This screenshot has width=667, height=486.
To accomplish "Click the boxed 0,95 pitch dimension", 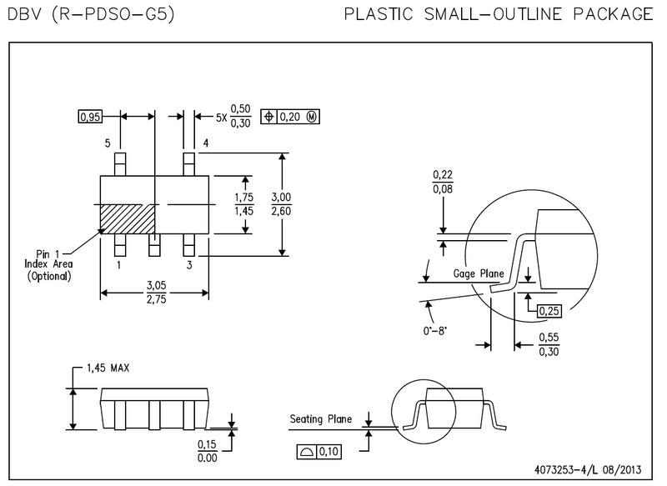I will coord(89,118).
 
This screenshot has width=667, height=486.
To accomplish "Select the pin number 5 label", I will coord(108,144).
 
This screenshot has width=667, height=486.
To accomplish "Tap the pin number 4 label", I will coord(205,144).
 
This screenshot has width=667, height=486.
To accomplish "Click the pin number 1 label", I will coord(119,265).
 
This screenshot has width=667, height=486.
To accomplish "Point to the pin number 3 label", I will coord(189,265).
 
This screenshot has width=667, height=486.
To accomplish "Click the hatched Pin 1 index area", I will coord(127,219).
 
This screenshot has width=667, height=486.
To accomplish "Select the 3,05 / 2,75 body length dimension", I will coord(156,291).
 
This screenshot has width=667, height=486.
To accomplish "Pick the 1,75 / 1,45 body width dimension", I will coord(244,205).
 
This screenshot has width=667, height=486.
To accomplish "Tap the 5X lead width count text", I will coord(221,118).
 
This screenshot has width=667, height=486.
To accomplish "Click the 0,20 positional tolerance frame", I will coord(290,118).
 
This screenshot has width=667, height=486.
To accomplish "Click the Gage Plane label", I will coord(478,273).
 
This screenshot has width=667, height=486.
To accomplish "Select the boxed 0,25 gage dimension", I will coord(549,311).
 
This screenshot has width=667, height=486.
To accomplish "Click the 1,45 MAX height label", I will coord(108,368).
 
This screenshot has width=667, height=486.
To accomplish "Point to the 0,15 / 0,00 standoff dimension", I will coord(207,450).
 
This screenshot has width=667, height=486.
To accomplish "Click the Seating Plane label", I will coord(321,419).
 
